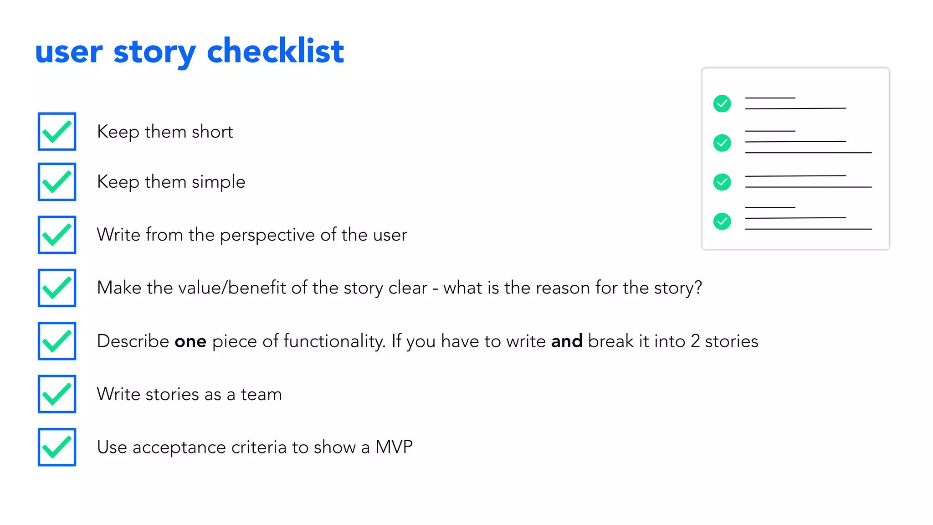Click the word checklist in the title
275,51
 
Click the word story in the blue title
154,52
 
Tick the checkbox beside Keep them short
57,132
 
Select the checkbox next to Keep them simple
57,182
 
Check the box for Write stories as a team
57,394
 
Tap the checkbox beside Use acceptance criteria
57,447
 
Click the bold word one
190,341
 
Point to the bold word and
567,341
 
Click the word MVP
394,447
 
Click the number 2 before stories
695,341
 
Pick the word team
261,395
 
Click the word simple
218,182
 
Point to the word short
212,132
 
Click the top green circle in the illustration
722,103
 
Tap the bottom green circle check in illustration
722,221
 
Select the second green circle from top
722,143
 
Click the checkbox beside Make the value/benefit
57,288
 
